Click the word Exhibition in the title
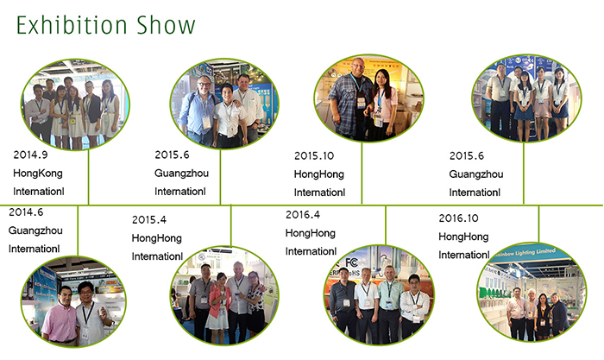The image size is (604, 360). [72, 25]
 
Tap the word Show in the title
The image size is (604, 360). [166, 25]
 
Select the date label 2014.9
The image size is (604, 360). [30, 155]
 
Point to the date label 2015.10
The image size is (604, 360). [314, 155]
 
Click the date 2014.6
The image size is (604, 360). [26, 212]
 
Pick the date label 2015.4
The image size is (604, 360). [149, 219]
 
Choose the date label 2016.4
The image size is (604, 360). [303, 215]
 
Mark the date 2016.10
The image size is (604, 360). [458, 218]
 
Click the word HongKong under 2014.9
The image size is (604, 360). [38, 174]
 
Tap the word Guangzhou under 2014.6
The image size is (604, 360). [35, 231]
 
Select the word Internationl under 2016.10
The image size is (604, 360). [464, 255]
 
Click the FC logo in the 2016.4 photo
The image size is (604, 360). [352, 262]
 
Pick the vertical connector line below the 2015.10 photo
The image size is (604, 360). [362, 173]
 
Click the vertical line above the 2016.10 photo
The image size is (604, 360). [538, 224]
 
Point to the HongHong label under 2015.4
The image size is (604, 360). [157, 238]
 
